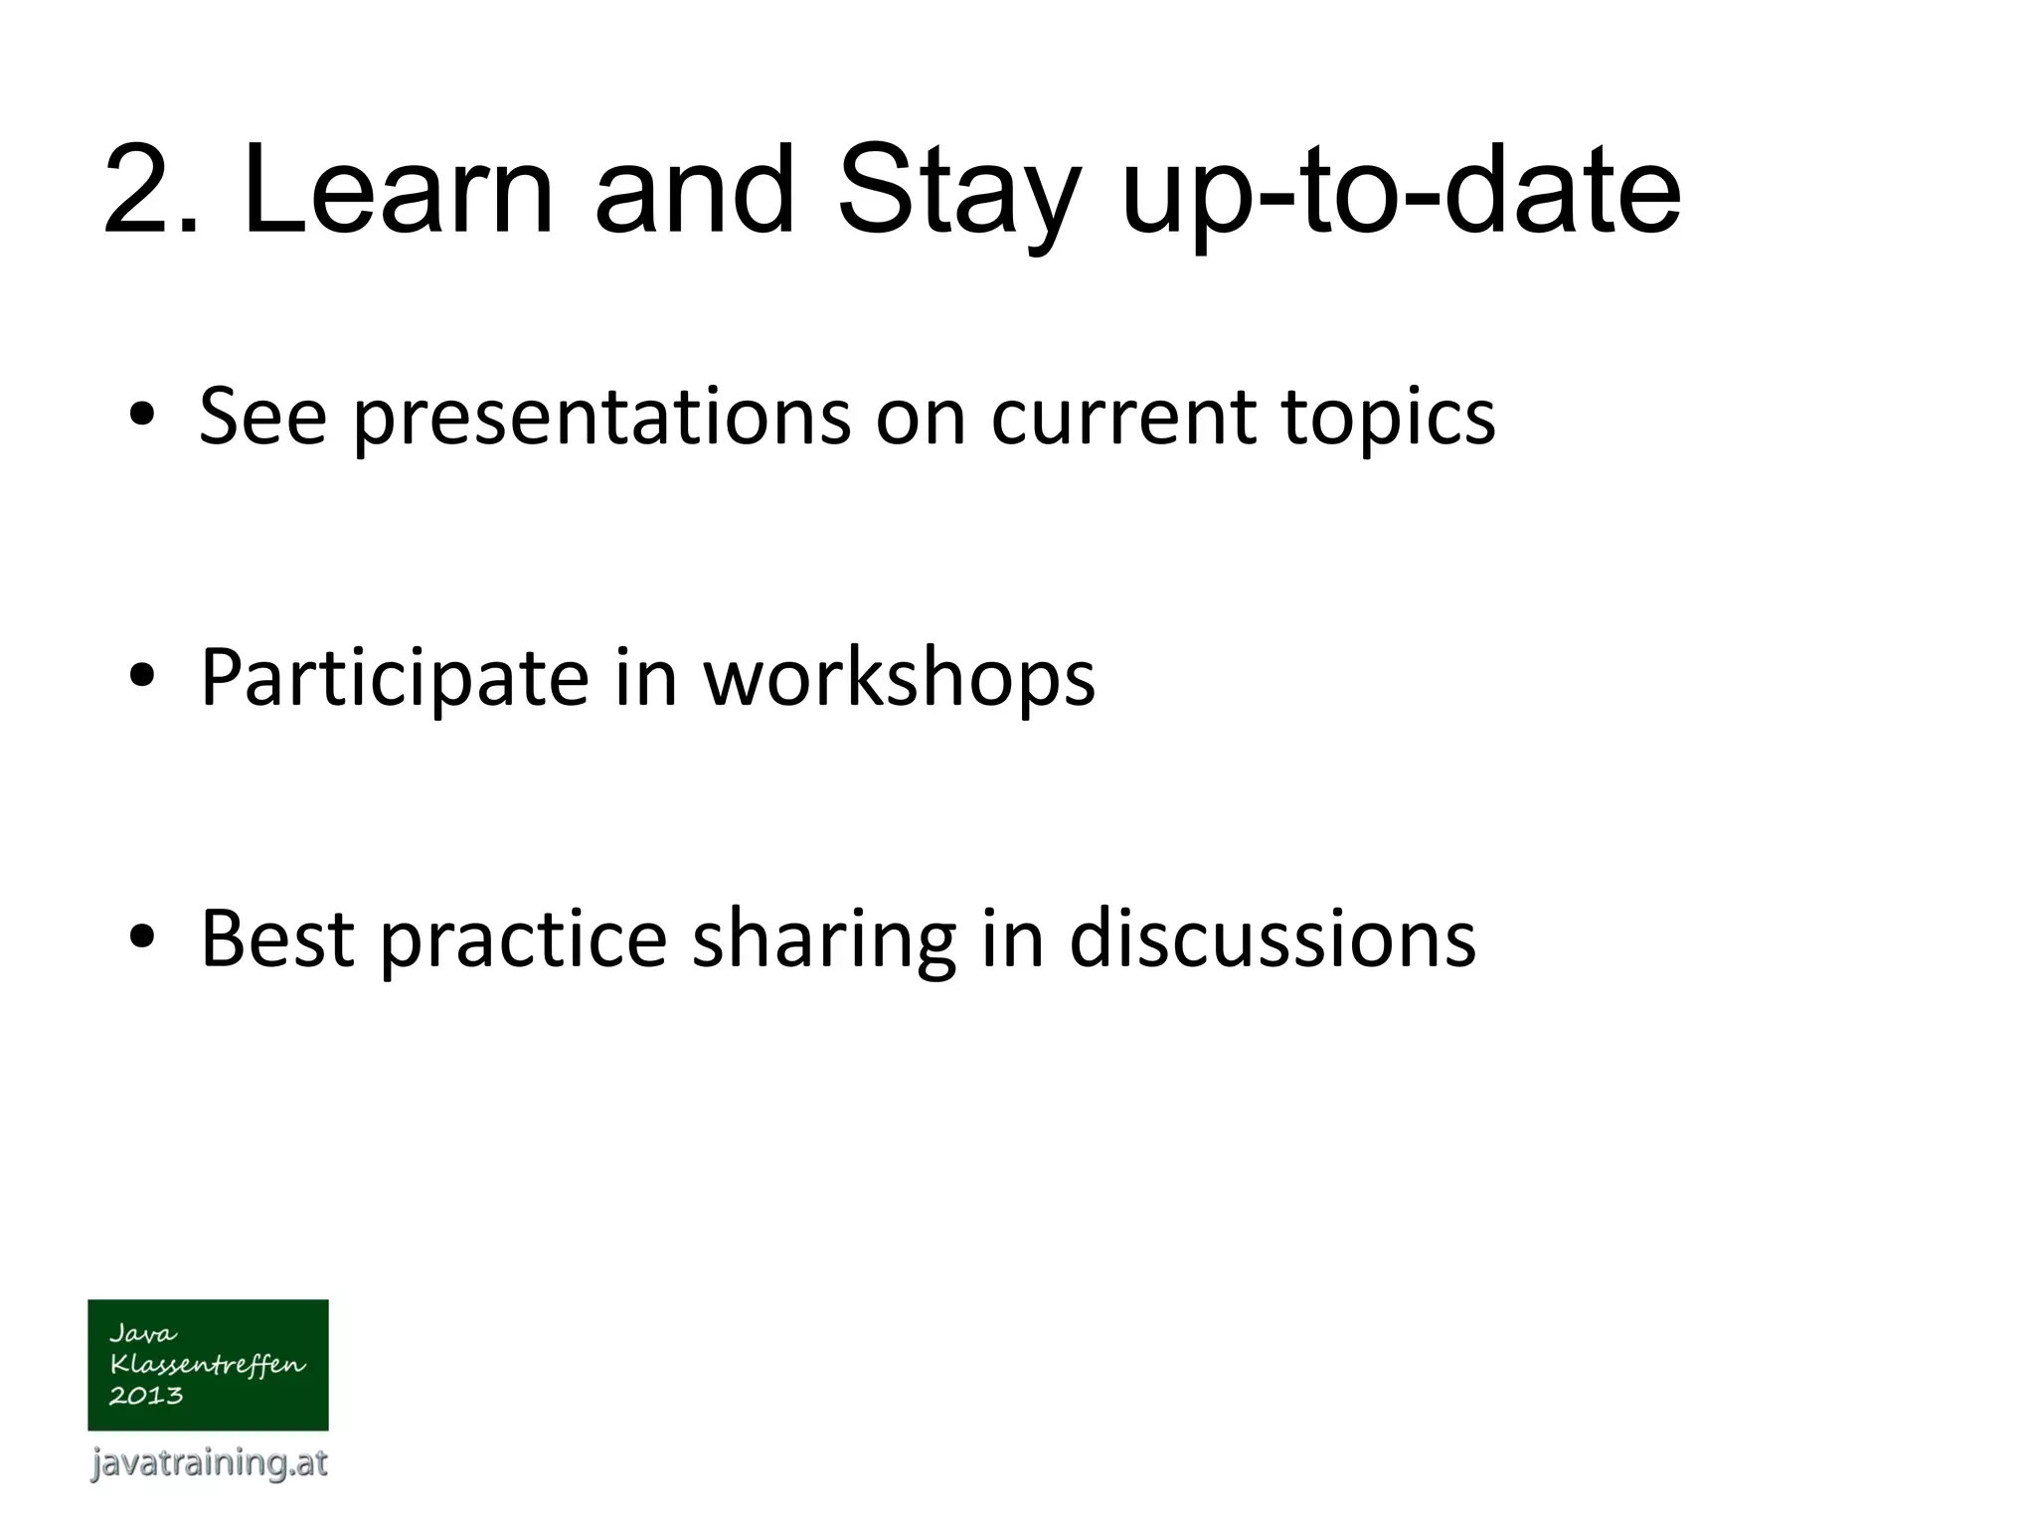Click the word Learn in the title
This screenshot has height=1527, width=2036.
(x=396, y=191)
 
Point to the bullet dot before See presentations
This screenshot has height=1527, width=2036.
(x=141, y=416)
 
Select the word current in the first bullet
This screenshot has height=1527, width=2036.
(x=1123, y=416)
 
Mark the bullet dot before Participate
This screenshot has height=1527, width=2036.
(x=141, y=677)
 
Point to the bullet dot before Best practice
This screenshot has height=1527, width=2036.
(x=141, y=938)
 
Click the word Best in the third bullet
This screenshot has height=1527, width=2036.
(x=277, y=938)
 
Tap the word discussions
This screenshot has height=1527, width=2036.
(x=1272, y=938)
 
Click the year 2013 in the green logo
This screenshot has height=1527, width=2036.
(x=146, y=1396)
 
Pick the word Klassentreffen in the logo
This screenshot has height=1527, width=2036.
(x=207, y=1365)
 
